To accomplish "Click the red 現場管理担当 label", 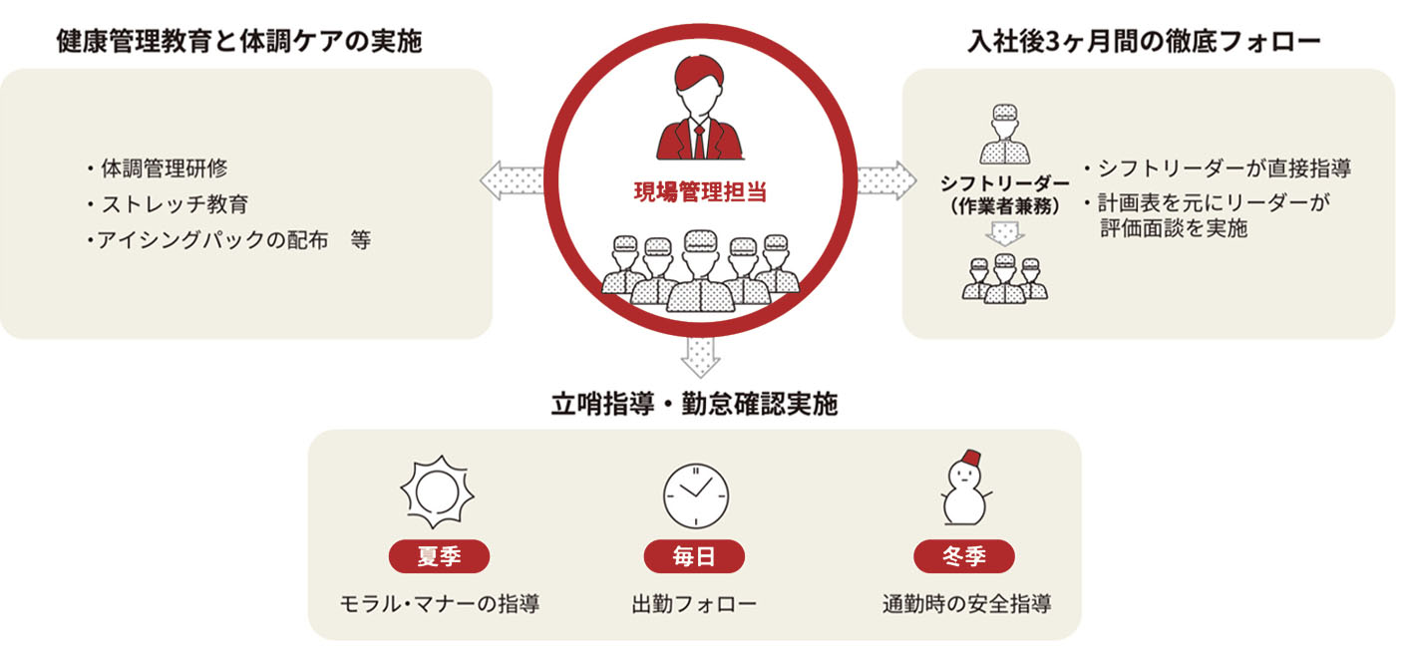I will (x=700, y=192).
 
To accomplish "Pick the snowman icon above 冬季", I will (x=964, y=489).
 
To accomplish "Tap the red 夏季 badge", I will (x=439, y=556).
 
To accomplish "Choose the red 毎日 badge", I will (x=695, y=556).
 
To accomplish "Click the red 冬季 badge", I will (x=963, y=556).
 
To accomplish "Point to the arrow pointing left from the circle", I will (x=512, y=180).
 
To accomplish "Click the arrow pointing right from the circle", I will (x=886, y=180).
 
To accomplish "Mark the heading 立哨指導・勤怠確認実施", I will (x=695, y=405).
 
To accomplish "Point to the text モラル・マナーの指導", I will (x=440, y=604).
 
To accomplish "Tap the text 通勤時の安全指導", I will (x=966, y=604).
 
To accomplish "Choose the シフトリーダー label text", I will (x=1004, y=184).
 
